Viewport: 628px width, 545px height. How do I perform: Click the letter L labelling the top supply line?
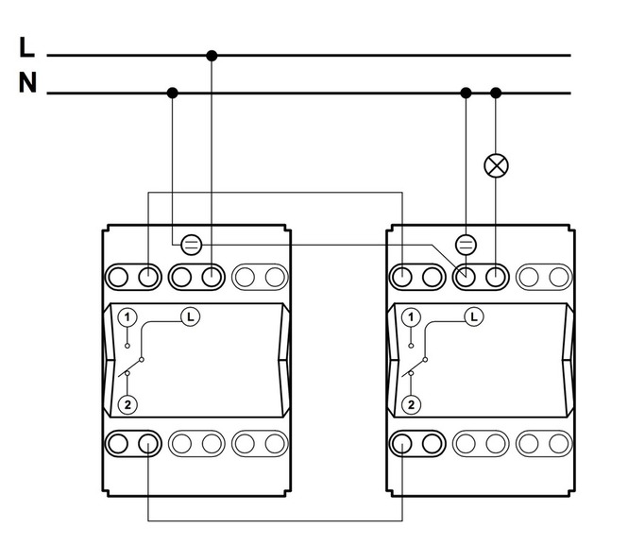point(26,47)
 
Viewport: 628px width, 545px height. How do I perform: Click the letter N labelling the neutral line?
point(27,83)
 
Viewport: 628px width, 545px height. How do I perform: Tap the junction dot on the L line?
point(212,56)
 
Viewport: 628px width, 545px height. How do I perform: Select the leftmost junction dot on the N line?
point(172,94)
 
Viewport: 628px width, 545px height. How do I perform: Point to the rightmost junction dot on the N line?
point(496,94)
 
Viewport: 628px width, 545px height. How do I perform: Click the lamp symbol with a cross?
point(496,165)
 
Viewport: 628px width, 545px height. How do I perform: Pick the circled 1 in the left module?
point(127,317)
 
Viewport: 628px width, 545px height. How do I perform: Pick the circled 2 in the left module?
point(127,404)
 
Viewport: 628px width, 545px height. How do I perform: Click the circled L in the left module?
point(191,317)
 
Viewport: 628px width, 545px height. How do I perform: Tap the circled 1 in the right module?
point(411,317)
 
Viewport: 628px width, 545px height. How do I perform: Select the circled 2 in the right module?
point(411,404)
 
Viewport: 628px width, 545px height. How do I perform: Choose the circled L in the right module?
point(474,317)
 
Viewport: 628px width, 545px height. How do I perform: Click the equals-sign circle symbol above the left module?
point(192,245)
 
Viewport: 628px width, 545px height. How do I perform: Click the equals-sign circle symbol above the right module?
point(467,245)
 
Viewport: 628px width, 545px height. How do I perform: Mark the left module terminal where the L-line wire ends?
point(212,277)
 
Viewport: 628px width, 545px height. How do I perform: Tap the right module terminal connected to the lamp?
point(496,277)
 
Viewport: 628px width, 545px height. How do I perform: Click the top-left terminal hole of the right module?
point(401,277)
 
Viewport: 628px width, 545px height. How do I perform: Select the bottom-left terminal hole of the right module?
point(401,444)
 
